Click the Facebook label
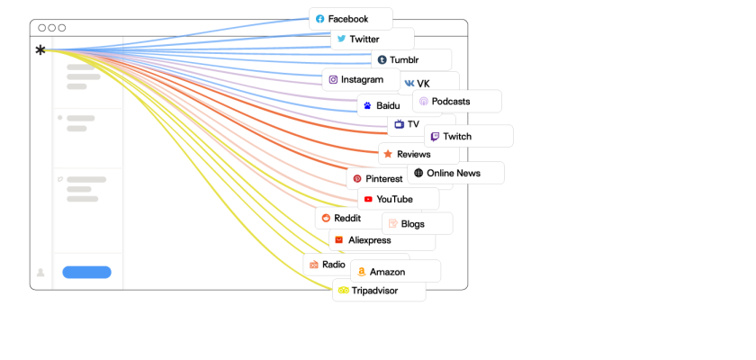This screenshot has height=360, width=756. tap(350, 19)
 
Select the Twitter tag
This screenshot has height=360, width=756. tap(372, 40)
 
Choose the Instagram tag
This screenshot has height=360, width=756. tap(361, 79)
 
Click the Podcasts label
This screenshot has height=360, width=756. tap(456, 102)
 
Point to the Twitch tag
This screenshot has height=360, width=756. tap(468, 137)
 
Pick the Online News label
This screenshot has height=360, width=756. tap(455, 173)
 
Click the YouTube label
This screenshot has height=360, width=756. tap(397, 199)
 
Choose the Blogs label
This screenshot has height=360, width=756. tap(417, 224)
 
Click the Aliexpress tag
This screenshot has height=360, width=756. tap(368, 240)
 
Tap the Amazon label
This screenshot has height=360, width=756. tap(394, 272)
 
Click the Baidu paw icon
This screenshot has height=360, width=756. tap(367, 106)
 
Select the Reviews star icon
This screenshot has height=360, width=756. tap(388, 154)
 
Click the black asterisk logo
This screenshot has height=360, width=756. tap(40, 50)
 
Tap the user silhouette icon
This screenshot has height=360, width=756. tap(40, 272)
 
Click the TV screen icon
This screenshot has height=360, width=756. tap(399, 124)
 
